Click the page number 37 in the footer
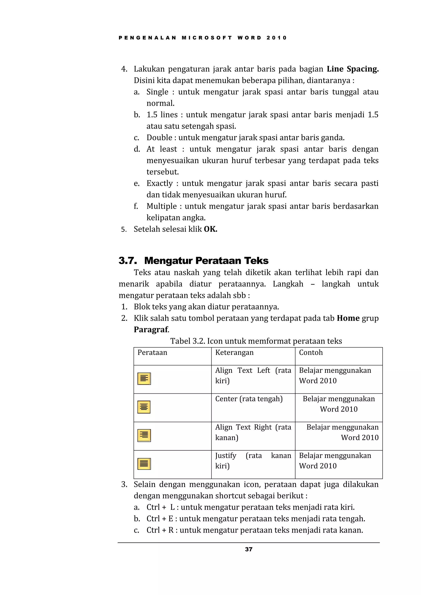click(248, 549)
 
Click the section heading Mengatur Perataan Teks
click(206, 261)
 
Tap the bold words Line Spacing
click(352, 69)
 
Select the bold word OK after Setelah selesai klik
click(210, 229)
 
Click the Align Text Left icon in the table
click(144, 379)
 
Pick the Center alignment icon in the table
click(144, 407)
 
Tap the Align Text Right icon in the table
click(144, 436)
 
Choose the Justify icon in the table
click(144, 464)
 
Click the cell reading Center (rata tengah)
click(249, 399)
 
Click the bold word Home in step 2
click(348, 318)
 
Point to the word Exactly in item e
click(160, 183)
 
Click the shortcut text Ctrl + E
click(160, 519)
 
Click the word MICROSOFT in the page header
click(207, 38)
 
